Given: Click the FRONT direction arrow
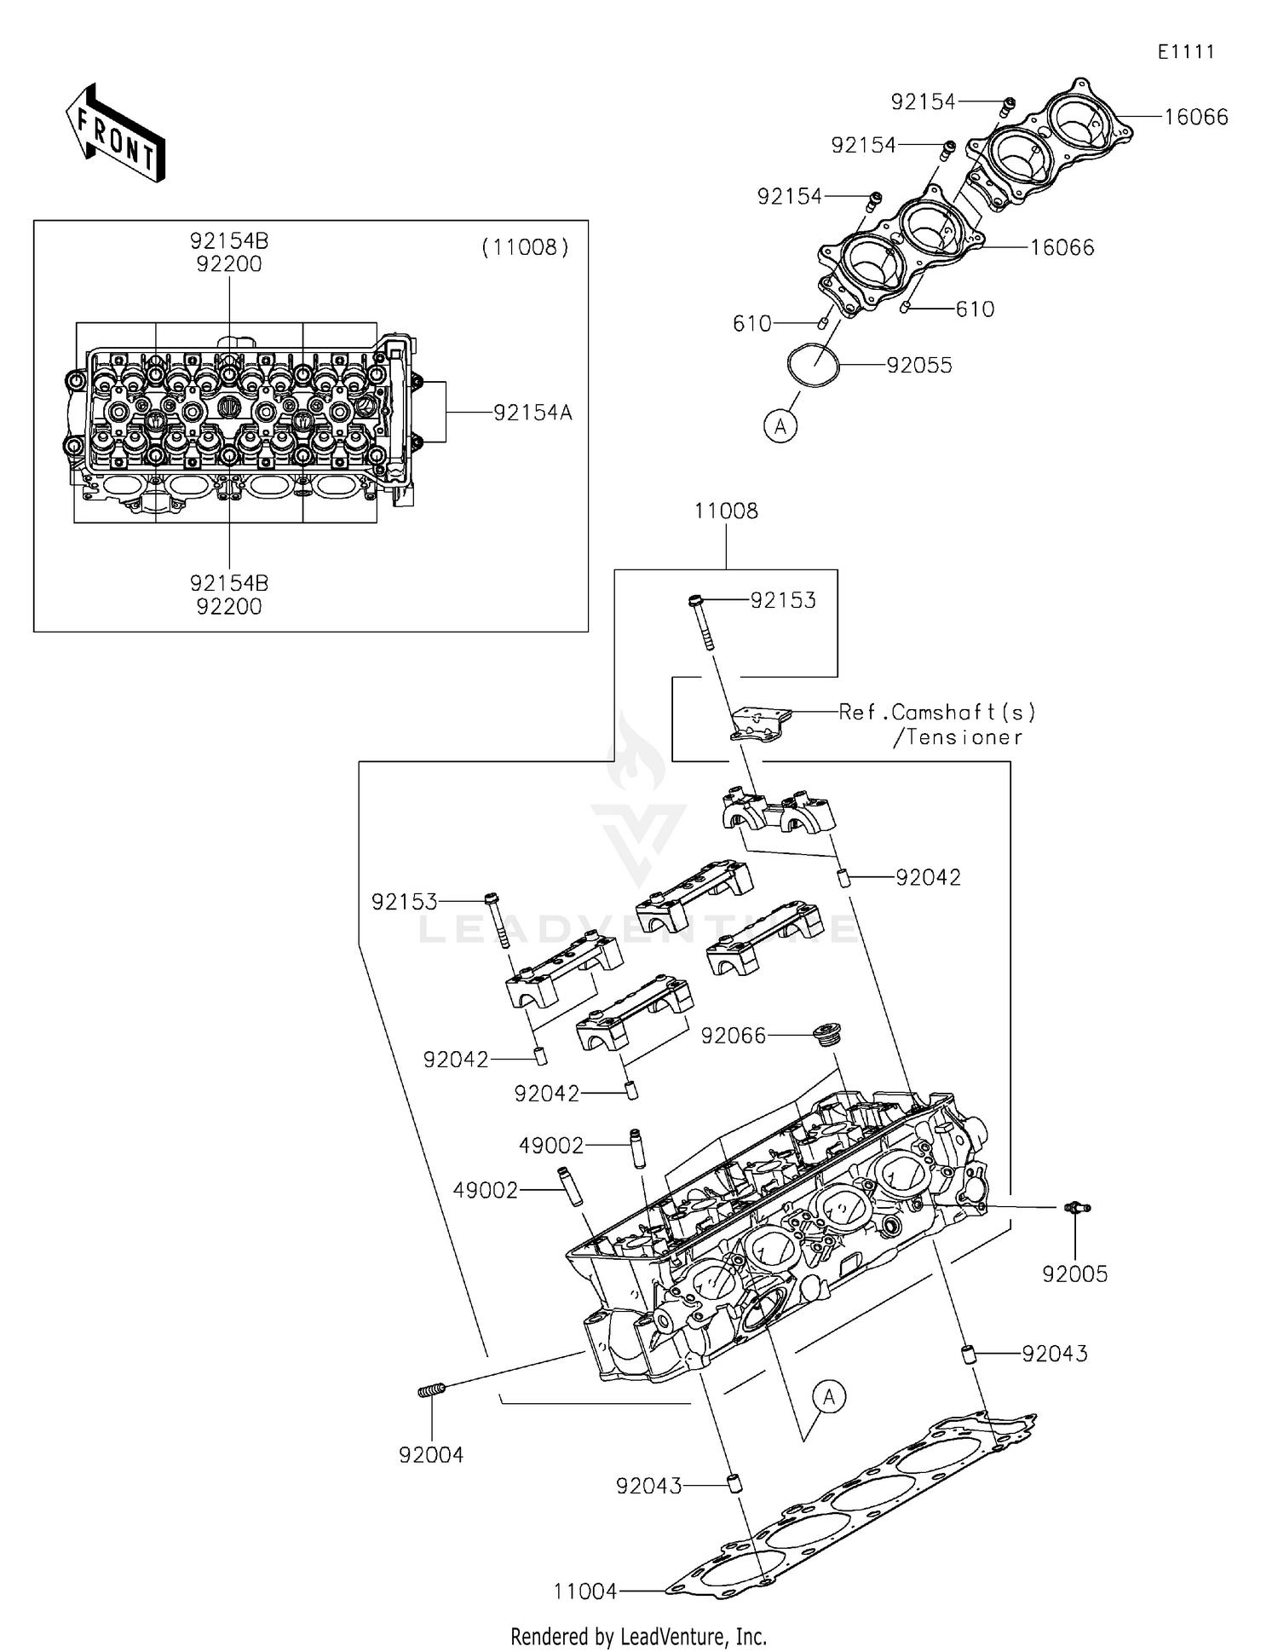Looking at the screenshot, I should [x=114, y=133].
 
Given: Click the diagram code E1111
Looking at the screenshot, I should [x=1185, y=52].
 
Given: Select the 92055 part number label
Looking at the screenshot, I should [x=919, y=366].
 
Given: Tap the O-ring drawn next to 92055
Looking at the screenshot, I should [x=813, y=367].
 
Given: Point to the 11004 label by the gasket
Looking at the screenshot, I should [x=584, y=1591].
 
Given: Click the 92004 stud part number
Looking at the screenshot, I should [x=431, y=1454].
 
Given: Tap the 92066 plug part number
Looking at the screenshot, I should [x=734, y=1035].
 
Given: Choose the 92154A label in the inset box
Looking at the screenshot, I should [x=532, y=413].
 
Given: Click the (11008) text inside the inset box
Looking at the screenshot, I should [x=525, y=247].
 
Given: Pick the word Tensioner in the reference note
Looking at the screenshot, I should [x=964, y=737].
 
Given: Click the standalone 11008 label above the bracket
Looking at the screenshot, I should [x=726, y=511].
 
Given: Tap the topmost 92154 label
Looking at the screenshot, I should [x=923, y=102].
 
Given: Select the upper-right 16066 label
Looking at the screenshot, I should [x=1195, y=118].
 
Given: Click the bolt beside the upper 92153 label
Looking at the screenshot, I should [x=700, y=622].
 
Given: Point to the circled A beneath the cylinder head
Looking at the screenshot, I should [x=828, y=1396].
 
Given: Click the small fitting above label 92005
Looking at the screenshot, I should [x=1076, y=1208].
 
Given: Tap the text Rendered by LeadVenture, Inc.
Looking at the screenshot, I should [x=638, y=1636].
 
